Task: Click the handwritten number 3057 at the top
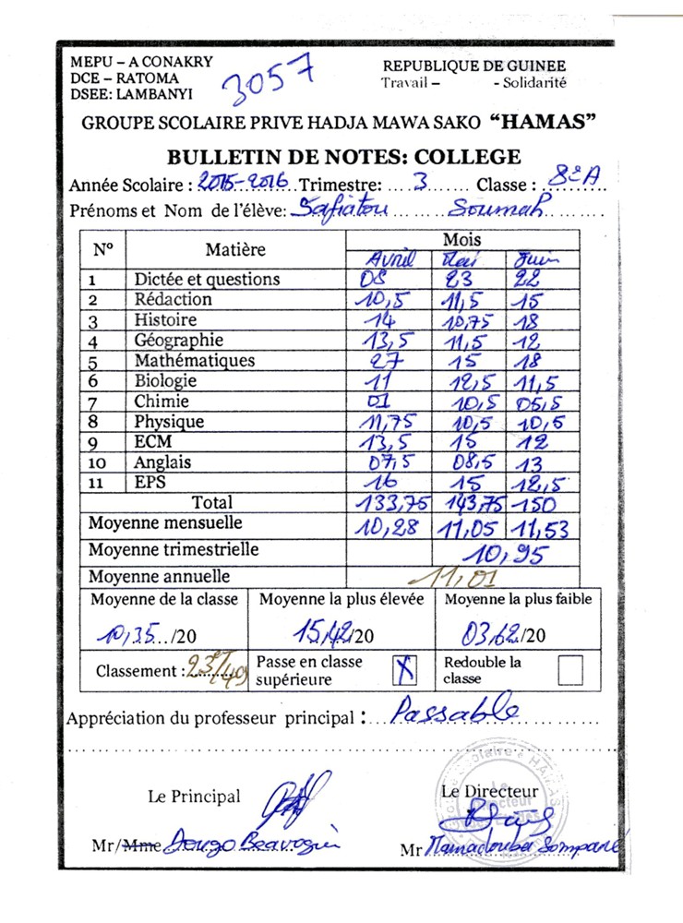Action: pyautogui.click(x=270, y=78)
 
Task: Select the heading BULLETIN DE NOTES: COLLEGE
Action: pyautogui.click(x=343, y=157)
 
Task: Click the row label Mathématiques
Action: pyautogui.click(x=194, y=361)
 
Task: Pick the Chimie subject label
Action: pyautogui.click(x=162, y=402)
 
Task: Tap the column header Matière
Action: pyautogui.click(x=235, y=249)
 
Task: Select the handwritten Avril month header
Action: pyautogui.click(x=392, y=259)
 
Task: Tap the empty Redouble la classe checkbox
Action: pyautogui.click(x=570, y=670)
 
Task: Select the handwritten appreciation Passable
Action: pyautogui.click(x=456, y=711)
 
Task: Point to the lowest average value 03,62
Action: pyautogui.click(x=492, y=634)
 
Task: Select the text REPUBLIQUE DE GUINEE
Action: pyautogui.click(x=474, y=66)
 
